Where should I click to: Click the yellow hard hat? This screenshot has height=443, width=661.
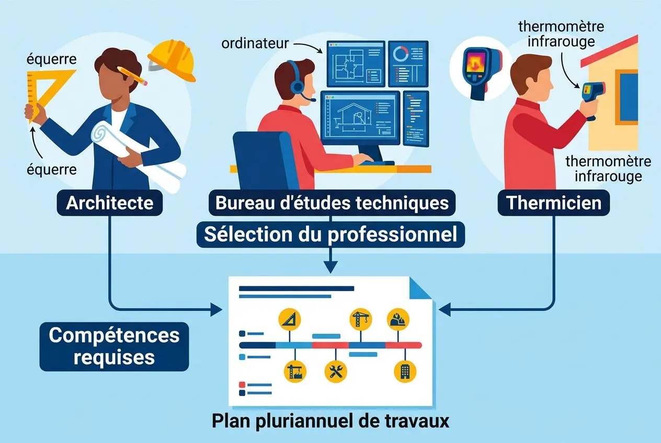[172, 60]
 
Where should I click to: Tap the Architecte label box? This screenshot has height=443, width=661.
[109, 203]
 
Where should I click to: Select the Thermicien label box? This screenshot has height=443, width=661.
[554, 203]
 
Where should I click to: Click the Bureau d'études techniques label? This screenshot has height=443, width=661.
[332, 203]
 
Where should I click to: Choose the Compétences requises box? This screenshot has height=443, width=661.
[114, 346]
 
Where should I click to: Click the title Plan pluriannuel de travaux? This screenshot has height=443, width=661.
[330, 421]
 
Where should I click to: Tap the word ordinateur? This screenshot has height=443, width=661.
[255, 43]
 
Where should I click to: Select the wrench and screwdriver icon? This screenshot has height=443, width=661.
[336, 371]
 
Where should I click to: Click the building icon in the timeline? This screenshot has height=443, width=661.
[405, 371]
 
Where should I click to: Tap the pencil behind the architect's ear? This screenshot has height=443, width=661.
[133, 75]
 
